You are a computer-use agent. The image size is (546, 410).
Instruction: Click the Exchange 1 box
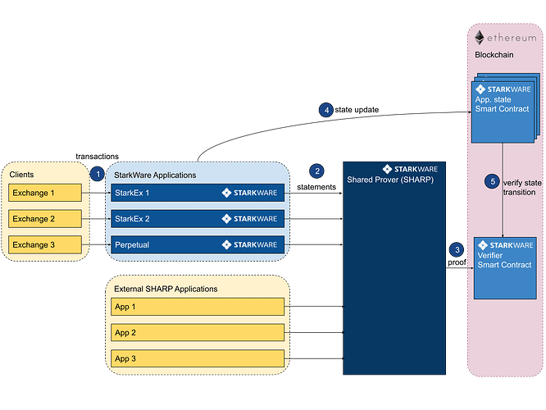click(45, 193)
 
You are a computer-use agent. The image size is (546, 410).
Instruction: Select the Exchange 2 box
click(45, 219)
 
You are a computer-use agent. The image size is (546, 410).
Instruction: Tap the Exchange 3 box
click(45, 244)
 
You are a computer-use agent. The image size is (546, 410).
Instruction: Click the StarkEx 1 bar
click(198, 193)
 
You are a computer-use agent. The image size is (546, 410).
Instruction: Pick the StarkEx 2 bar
click(198, 219)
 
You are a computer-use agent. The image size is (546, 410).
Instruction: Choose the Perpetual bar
click(198, 244)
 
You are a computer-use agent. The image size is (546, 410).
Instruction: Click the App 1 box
click(198, 307)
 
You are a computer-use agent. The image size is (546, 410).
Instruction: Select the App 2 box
click(198, 333)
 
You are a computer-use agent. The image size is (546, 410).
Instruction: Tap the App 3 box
click(198, 358)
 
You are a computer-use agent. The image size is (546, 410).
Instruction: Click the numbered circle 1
click(98, 174)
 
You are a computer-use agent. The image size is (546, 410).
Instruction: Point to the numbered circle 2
click(317, 171)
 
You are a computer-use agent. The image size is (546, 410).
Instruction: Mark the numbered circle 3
click(457, 249)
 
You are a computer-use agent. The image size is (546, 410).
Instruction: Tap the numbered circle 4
click(326, 111)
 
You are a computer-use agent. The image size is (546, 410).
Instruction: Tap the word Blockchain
click(495, 55)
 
